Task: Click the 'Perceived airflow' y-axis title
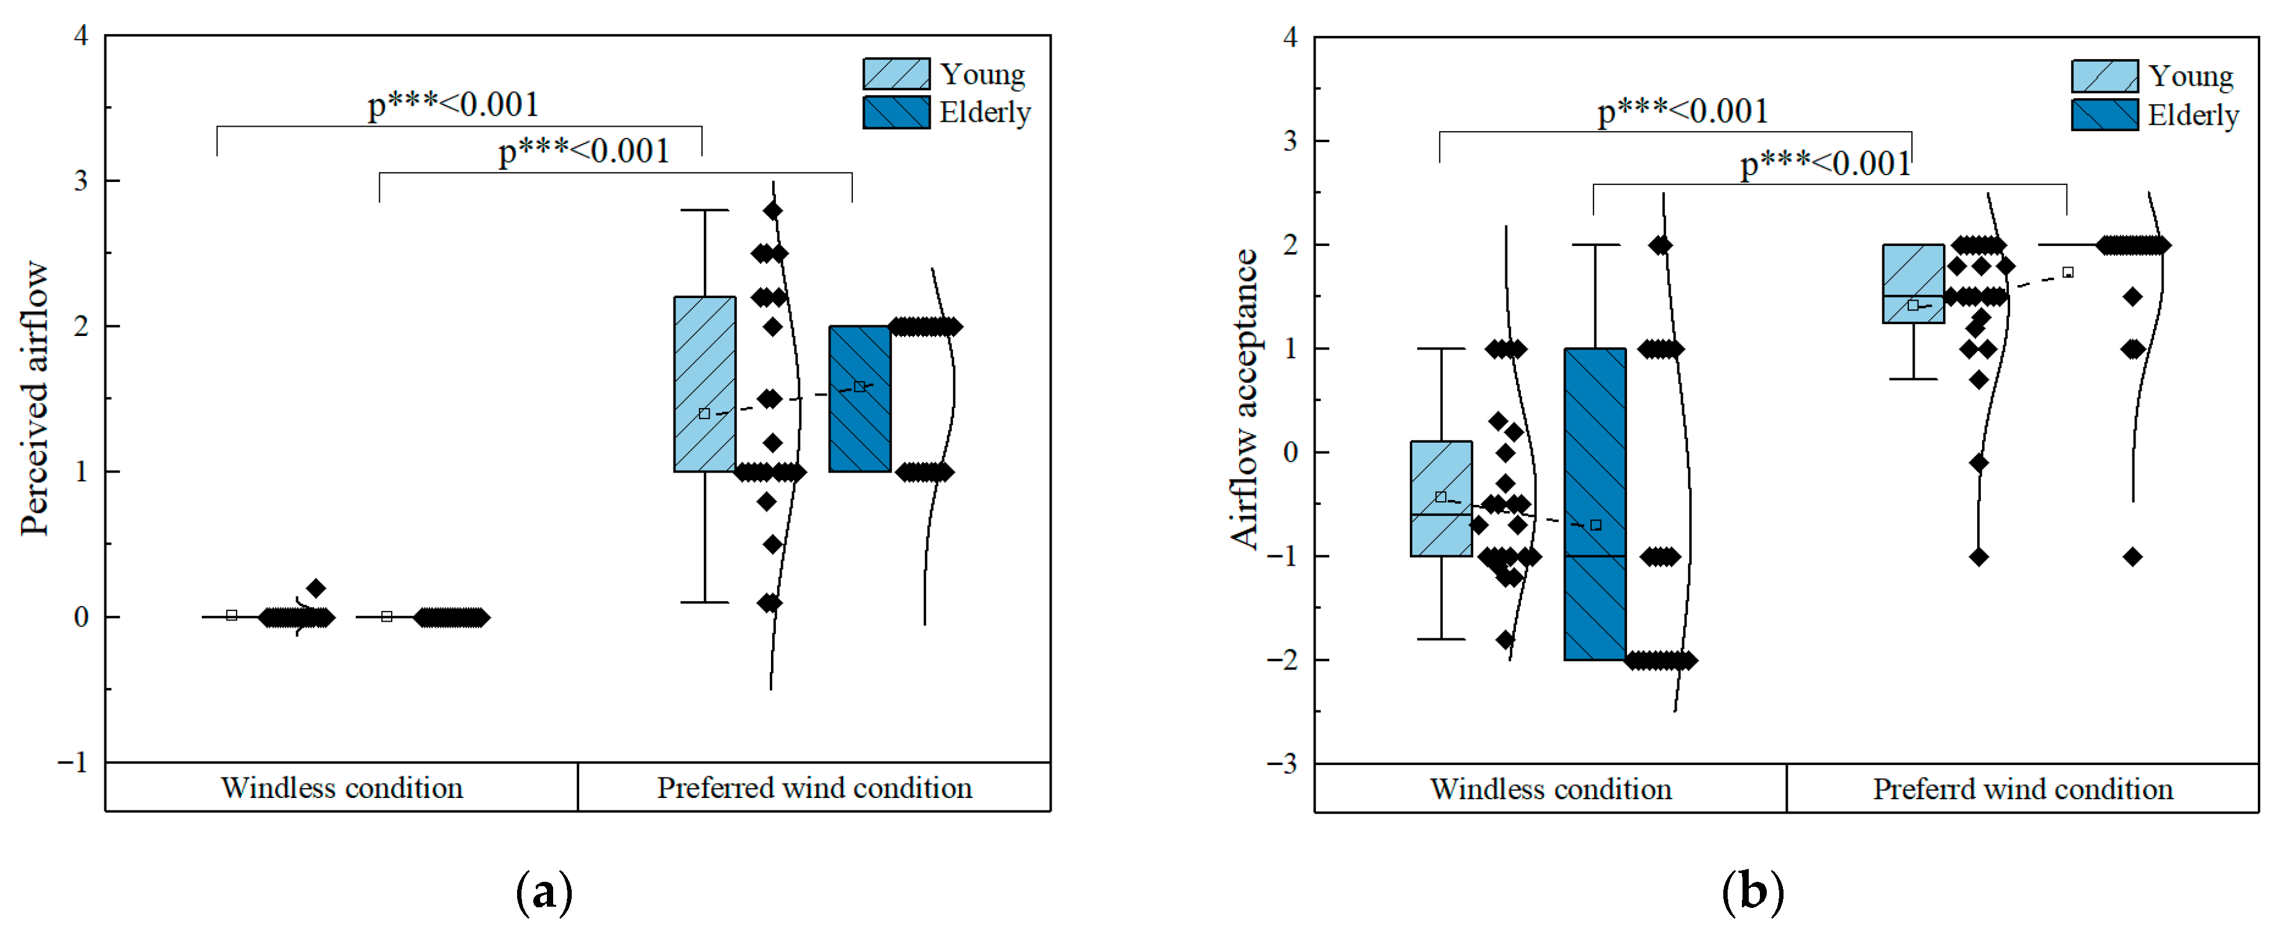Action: [34, 398]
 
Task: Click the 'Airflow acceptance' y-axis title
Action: [1244, 399]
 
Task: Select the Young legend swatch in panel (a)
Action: [896, 73]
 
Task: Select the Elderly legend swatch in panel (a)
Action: [896, 112]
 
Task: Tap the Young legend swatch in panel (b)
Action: [2104, 76]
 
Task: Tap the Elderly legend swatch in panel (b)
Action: [2104, 116]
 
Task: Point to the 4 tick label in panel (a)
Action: [81, 37]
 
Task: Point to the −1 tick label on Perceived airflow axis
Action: [73, 762]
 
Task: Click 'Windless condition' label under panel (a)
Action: [342, 788]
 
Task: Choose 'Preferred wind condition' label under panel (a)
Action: [814, 788]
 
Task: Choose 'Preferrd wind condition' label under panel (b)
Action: [2023, 789]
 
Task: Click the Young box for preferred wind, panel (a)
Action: [704, 384]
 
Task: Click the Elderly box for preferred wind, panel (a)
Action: [859, 399]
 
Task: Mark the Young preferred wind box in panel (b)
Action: [1913, 284]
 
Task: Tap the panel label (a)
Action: [544, 892]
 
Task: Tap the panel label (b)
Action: [1752, 892]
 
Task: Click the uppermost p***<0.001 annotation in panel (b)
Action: [1682, 112]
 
